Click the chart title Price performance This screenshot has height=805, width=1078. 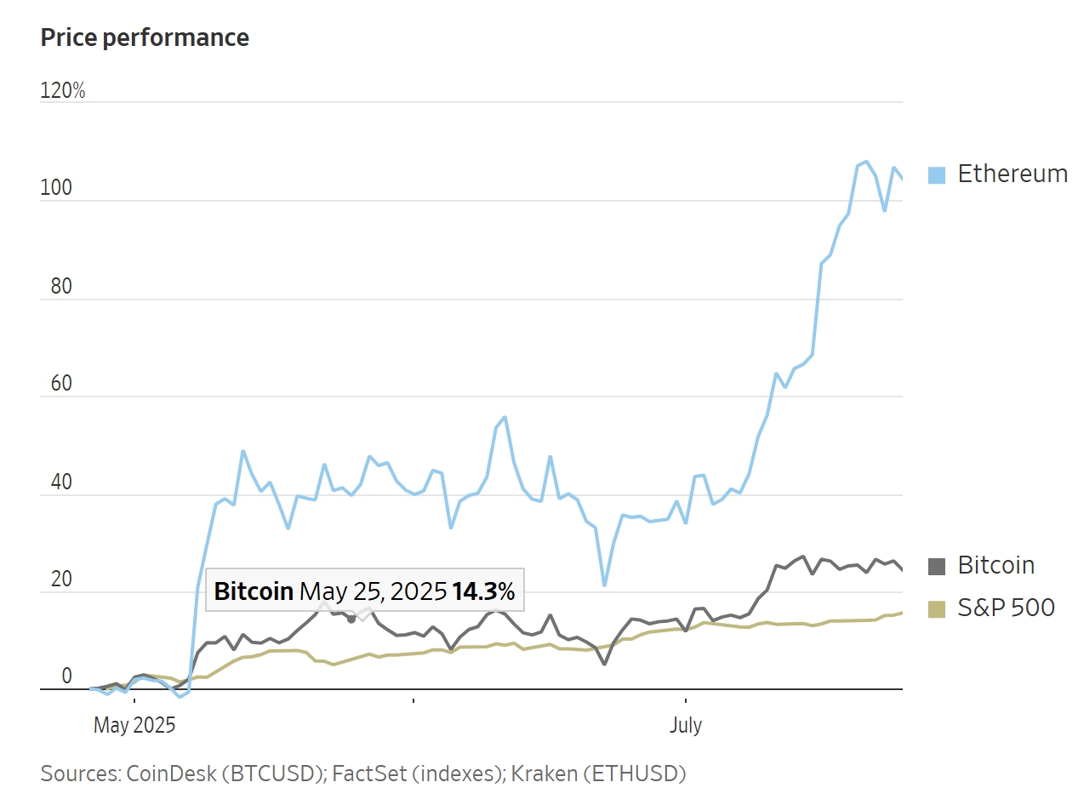[x=145, y=38]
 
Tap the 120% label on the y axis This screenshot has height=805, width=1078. [x=63, y=91]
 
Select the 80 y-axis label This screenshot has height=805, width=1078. [x=51, y=287]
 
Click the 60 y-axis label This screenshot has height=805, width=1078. [x=51, y=384]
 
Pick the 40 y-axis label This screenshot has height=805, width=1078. [x=51, y=482]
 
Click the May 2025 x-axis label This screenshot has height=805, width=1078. [x=134, y=726]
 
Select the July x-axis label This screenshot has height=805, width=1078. [x=686, y=726]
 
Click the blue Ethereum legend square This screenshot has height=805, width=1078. [x=937, y=175]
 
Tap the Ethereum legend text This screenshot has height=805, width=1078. [x=1012, y=174]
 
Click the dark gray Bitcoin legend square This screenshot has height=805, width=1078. [x=937, y=567]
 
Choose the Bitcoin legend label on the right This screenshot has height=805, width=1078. [x=996, y=566]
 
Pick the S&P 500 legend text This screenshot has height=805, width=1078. [x=1007, y=608]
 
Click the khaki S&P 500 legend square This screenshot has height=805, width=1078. [x=937, y=609]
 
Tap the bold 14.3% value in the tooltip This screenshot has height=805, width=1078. [x=483, y=591]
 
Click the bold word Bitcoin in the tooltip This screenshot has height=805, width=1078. [x=254, y=591]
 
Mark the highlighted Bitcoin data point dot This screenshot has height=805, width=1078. [x=351, y=619]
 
